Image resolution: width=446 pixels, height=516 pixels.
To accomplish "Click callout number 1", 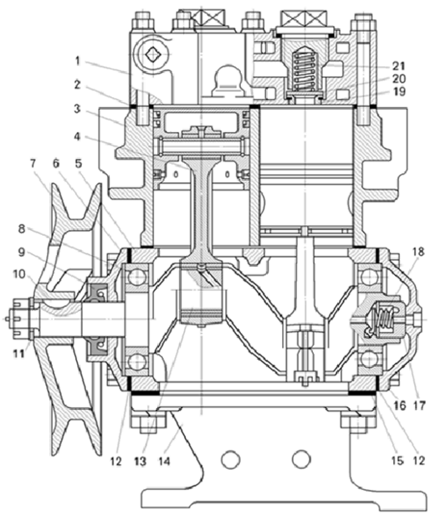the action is (78, 61).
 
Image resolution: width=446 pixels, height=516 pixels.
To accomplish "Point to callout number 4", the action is (77, 136).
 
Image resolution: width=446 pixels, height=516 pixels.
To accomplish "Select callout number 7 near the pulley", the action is (33, 163).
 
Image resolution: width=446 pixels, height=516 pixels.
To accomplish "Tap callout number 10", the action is (19, 273).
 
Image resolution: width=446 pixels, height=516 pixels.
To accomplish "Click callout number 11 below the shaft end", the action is (18, 353).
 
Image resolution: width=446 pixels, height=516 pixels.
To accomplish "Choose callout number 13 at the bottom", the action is (141, 461).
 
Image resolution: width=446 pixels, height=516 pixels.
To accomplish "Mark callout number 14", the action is (164, 461).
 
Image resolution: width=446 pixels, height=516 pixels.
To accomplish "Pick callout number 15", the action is (397, 461).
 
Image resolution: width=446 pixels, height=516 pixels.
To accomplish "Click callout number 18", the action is (418, 252).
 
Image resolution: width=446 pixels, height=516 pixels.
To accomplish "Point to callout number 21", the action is (398, 66).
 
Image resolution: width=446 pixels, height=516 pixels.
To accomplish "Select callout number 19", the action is (398, 91).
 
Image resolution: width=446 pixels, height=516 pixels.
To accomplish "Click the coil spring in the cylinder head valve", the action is (305, 71).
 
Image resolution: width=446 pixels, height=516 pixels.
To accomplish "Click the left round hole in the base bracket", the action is (230, 459).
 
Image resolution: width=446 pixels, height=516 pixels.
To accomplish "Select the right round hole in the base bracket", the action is (301, 459).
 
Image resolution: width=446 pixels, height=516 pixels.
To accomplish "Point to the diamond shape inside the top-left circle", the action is (152, 54).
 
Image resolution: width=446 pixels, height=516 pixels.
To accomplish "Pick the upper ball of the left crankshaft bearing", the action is (137, 277).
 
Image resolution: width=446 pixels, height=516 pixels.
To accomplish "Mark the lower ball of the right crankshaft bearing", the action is (369, 360).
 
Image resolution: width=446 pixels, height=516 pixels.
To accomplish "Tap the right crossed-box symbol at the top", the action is (303, 18).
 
